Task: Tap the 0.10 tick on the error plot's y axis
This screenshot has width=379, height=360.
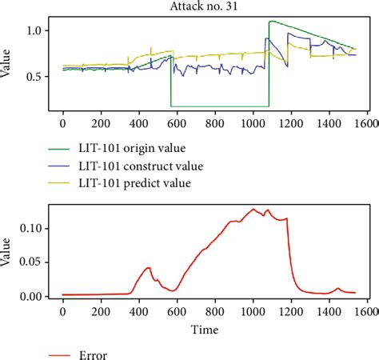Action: pyautogui.click(x=35, y=228)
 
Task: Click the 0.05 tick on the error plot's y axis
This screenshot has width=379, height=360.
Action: pyautogui.click(x=35, y=262)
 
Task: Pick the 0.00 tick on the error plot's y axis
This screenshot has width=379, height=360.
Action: pyautogui.click(x=35, y=296)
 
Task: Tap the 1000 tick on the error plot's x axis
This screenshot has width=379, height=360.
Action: pyautogui.click(x=253, y=312)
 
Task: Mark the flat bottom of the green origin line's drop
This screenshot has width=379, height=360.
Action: pyautogui.click(x=219, y=106)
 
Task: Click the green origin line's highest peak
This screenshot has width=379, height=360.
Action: pyautogui.click(x=271, y=22)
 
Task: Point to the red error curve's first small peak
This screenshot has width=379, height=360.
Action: pyautogui.click(x=147, y=268)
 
